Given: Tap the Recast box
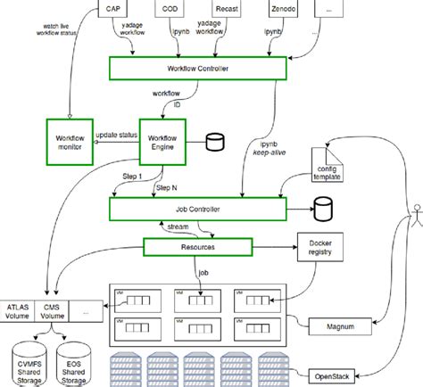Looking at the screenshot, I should pyautogui.click(x=227, y=10).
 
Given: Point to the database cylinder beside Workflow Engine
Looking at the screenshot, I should pyautogui.click(x=214, y=142).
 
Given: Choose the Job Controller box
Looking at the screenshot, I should pyautogui.click(x=197, y=210).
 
